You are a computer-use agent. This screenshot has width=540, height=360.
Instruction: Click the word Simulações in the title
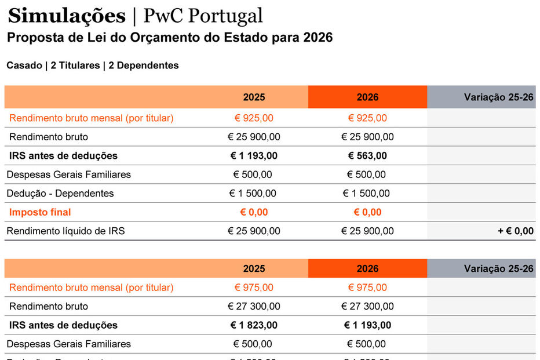pos(67,16)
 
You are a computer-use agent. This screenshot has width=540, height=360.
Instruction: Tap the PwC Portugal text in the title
pos(203,16)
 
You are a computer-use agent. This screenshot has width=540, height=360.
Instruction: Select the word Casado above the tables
pos(24,66)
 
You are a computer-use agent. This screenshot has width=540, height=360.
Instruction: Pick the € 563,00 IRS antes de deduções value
pos(367,155)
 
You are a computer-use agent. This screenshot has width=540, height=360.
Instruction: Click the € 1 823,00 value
pos(254,325)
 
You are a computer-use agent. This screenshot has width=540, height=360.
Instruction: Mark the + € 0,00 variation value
pos(515,231)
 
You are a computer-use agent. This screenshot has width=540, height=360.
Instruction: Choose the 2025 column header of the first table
pos(254,97)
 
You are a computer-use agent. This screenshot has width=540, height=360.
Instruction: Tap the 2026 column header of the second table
pos(367,268)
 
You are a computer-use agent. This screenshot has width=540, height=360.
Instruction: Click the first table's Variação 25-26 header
pos(498,97)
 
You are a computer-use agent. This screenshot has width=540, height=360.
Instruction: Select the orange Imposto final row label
pos(40,212)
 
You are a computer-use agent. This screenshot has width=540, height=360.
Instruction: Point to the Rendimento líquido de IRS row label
pos(65,231)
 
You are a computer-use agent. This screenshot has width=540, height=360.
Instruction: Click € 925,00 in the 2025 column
pos(254,118)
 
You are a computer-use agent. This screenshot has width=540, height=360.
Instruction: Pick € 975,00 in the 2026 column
pos(367,288)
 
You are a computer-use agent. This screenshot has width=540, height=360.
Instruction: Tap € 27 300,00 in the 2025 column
pos(254,306)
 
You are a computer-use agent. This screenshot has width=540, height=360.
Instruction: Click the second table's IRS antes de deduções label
pos(63,325)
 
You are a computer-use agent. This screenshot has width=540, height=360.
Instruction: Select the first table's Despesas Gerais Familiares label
pos(68,174)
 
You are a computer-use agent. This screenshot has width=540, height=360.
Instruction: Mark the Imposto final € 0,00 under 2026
pos(367,212)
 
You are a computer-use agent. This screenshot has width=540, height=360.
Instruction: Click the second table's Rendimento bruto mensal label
pos(92,288)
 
